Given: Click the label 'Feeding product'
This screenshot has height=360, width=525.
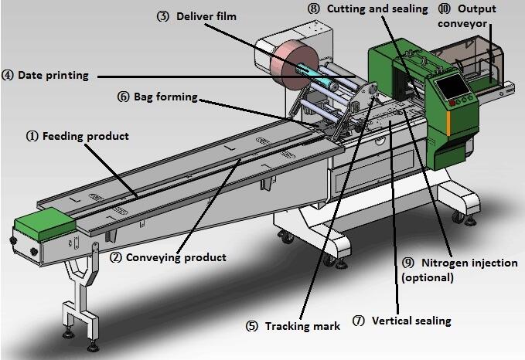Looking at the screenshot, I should [86, 137].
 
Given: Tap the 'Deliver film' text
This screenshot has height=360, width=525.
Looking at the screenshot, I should [206, 16].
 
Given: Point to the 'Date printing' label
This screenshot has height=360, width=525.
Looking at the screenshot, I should [53, 76].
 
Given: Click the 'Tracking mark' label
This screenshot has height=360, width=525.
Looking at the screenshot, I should [303, 326].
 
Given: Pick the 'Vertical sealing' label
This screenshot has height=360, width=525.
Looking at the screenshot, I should [411, 320].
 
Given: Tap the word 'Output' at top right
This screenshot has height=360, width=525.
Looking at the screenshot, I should [477, 9].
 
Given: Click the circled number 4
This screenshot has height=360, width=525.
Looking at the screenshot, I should [8, 76].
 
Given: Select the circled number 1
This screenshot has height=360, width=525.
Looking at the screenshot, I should [32, 137].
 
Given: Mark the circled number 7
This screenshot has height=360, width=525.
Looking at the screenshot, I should [358, 320].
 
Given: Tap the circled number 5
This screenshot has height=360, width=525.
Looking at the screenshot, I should [251, 326].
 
